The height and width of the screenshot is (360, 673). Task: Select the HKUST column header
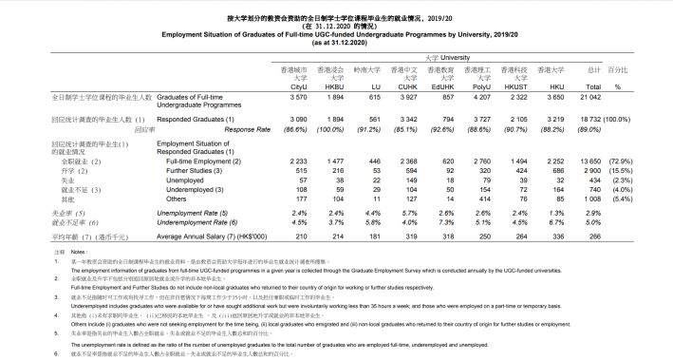point(509,86)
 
